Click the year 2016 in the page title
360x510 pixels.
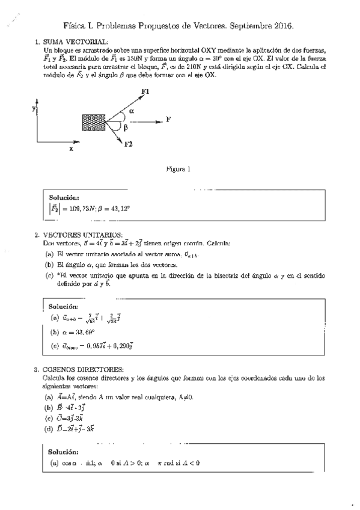[x=282, y=26]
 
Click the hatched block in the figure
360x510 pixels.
[x=93, y=123]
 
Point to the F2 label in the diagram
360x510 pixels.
[x=128, y=144]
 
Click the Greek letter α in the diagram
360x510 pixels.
[x=131, y=111]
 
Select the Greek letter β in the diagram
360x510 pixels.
[x=126, y=127]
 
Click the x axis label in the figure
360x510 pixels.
[x=71, y=148]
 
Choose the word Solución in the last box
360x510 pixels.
[x=64, y=450]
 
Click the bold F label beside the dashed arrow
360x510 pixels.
[x=168, y=120]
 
